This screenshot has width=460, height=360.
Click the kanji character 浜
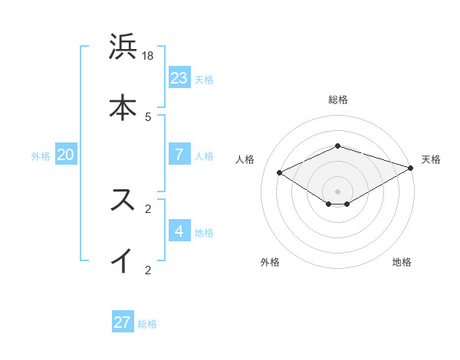[x=123, y=47]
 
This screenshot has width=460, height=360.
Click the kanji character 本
[x=123, y=107]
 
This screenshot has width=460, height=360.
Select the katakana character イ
[x=123, y=260]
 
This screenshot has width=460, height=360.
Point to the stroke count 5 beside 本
[x=148, y=116]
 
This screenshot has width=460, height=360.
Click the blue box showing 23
[x=179, y=77]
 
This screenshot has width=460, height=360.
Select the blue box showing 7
[x=179, y=154]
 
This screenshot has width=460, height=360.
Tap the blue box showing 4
[x=179, y=231]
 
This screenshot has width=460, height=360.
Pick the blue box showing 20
[x=66, y=155]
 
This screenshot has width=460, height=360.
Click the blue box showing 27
[x=123, y=322]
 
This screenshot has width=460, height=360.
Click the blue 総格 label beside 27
[x=147, y=324]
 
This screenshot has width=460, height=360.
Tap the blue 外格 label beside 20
[x=41, y=156]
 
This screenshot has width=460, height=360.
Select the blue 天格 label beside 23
[x=204, y=79]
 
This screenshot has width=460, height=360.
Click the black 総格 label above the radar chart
[x=338, y=100]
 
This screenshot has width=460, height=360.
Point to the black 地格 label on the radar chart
[x=402, y=262]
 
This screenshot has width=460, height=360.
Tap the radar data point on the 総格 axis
[x=338, y=146]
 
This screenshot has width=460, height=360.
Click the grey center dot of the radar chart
[x=338, y=191]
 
